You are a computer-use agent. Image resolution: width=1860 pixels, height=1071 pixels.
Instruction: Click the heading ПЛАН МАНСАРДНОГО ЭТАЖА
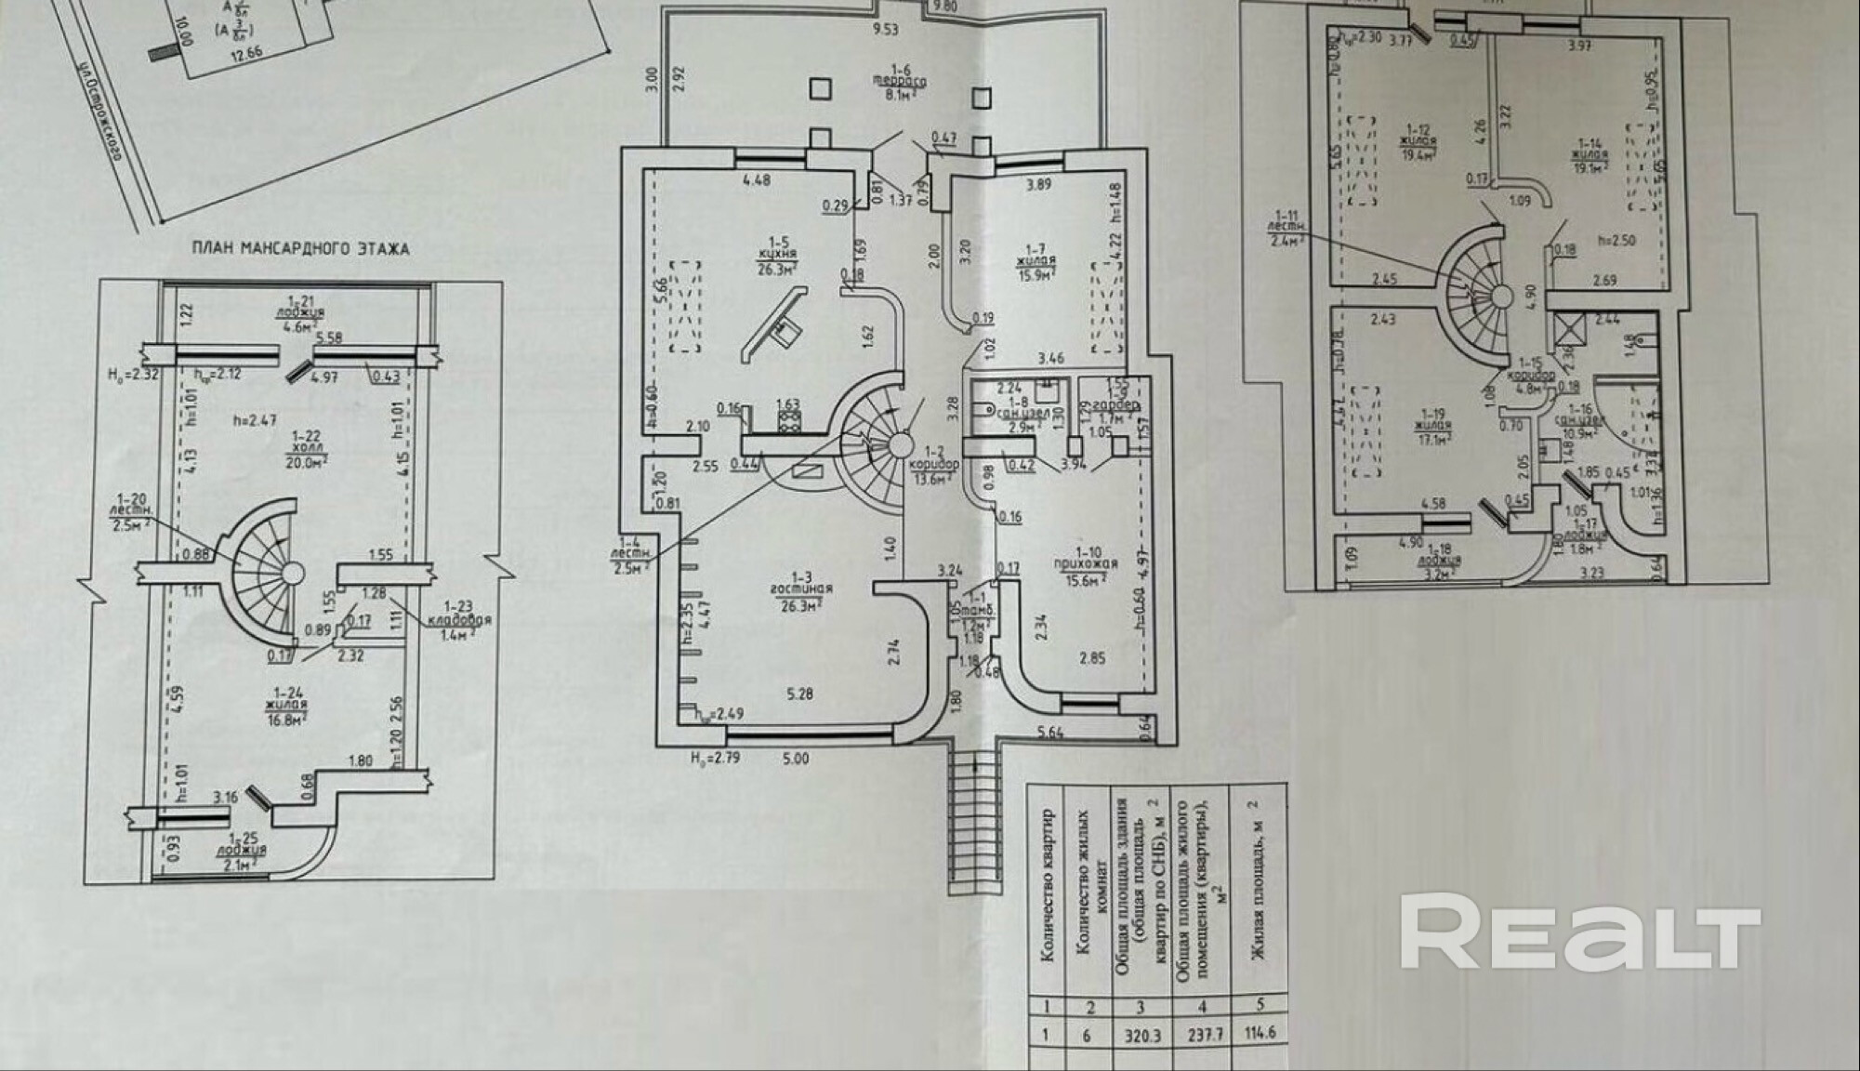(x=300, y=249)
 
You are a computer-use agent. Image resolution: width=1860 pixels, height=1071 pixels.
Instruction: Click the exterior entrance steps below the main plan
(x=975, y=823)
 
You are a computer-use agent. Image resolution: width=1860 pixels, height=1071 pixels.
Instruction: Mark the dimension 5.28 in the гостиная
(x=800, y=693)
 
